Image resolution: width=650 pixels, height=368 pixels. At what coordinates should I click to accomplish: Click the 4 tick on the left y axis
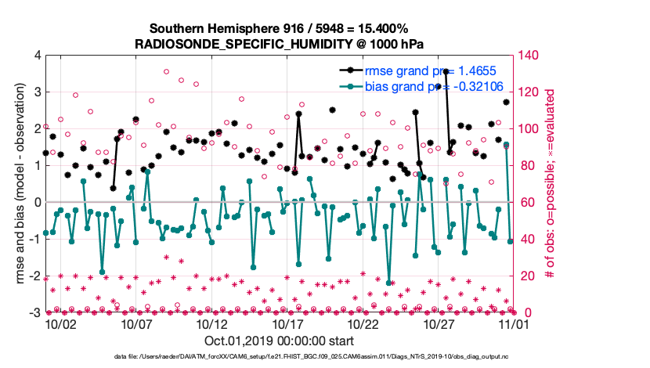tap(37, 56)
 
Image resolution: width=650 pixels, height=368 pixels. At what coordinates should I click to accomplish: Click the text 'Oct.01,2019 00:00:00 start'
tap(279, 341)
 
